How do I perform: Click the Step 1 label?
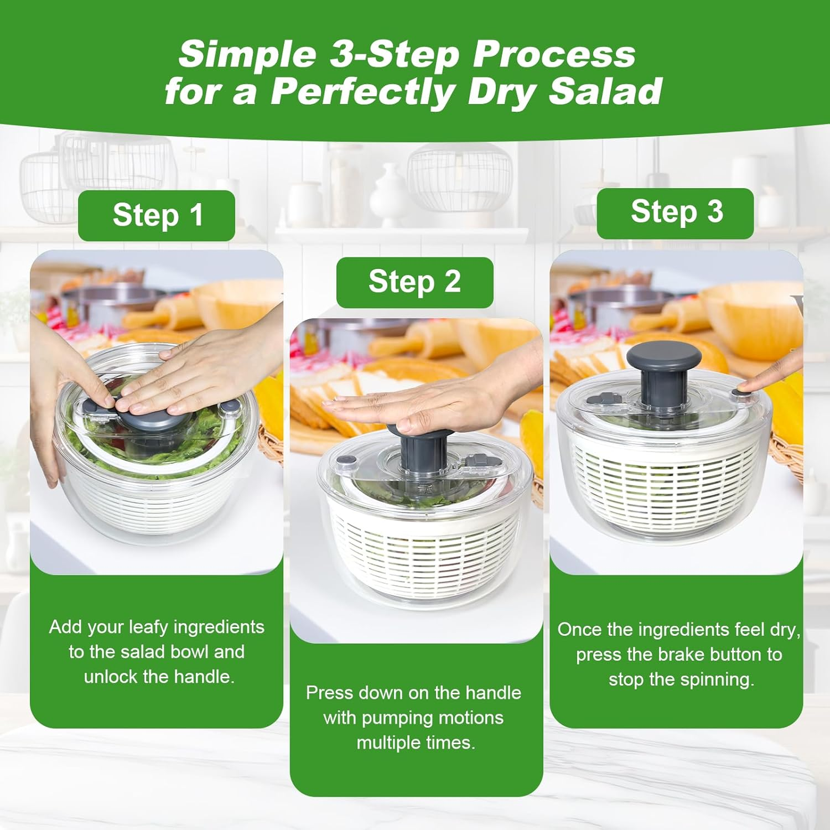click(x=157, y=215)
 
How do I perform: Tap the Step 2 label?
click(x=414, y=282)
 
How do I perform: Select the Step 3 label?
click(x=676, y=212)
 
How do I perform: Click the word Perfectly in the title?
click(x=365, y=92)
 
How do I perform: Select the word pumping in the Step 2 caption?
click(x=385, y=718)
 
